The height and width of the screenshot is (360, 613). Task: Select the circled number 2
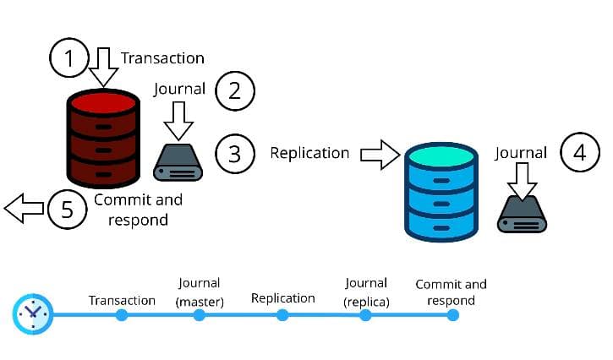234,90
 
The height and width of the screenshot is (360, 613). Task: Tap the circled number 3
234,154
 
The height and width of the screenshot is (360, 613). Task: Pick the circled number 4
579,154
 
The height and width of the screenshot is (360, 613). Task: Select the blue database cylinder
439,191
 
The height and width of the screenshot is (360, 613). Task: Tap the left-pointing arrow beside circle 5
23,208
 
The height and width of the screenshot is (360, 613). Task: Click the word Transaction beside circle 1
162,58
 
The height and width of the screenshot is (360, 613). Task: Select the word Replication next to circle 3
309,153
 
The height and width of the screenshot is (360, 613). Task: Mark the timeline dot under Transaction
122,315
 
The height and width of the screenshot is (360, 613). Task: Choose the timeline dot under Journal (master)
200,315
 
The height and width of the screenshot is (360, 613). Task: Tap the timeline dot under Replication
282,315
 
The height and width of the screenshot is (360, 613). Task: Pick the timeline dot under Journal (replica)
366,315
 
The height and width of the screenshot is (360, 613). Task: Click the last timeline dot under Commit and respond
452,315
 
